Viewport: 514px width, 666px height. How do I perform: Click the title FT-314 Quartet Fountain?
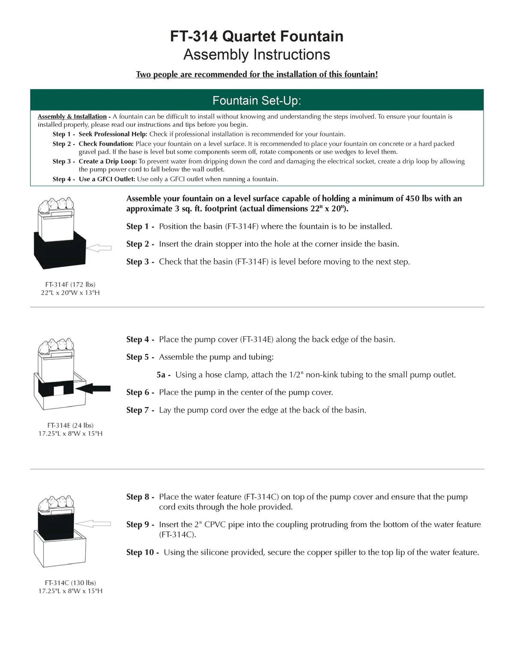(257, 36)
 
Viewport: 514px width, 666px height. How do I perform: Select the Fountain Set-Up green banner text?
(257, 100)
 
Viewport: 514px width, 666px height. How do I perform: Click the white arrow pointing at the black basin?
(99, 248)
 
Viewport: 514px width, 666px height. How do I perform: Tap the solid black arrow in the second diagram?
(95, 389)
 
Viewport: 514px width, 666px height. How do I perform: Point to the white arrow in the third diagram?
(96, 523)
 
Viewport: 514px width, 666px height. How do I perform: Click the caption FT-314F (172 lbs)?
(70, 284)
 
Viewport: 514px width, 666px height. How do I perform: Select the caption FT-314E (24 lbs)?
(70, 425)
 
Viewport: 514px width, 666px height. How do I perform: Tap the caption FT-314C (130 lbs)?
(70, 583)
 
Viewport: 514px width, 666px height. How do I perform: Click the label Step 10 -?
(143, 552)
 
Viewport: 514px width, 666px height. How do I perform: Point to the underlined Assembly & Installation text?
(72, 117)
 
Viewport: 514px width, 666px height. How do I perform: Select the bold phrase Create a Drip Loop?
(108, 162)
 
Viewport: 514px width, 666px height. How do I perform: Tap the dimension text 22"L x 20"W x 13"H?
(70, 293)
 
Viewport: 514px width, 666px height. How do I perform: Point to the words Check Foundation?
(106, 144)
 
